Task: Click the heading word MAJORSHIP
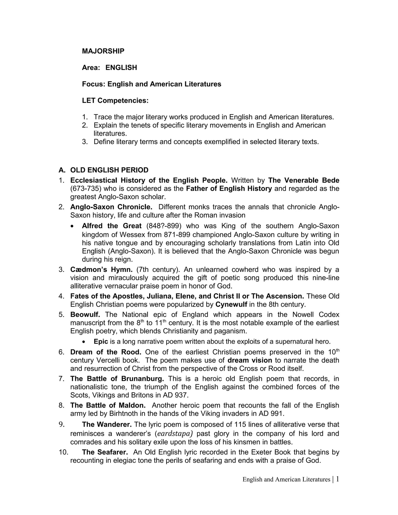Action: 103,51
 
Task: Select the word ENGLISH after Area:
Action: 121,68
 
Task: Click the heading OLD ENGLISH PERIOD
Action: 109,170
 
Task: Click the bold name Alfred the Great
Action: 111,226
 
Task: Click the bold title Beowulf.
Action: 85,315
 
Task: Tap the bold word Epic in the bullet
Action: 101,342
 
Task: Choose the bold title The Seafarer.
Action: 105,452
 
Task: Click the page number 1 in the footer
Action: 337,479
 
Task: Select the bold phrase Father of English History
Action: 229,189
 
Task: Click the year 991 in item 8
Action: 278,414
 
